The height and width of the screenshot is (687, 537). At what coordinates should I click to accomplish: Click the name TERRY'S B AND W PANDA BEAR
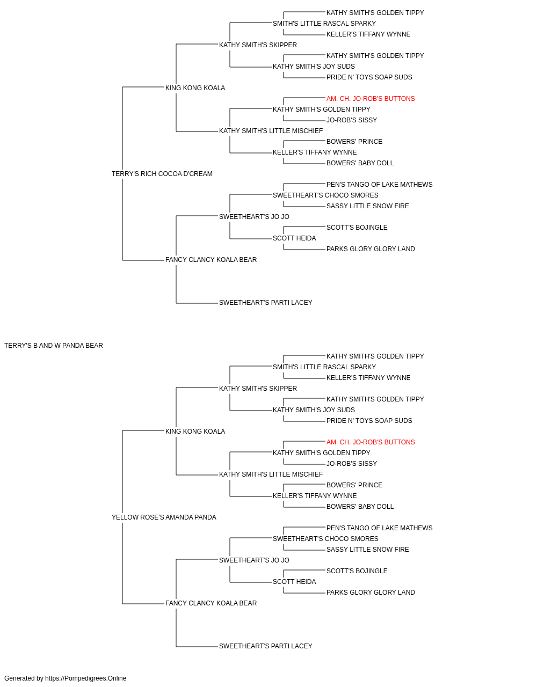(x=54, y=346)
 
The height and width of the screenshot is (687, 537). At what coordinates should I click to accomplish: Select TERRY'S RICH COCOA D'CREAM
(x=162, y=174)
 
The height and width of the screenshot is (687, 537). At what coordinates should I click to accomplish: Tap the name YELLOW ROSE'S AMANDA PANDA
(x=164, y=517)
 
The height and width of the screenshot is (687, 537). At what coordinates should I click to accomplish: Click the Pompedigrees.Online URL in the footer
(x=86, y=678)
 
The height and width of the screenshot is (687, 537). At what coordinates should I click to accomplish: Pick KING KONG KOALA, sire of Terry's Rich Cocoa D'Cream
(x=195, y=88)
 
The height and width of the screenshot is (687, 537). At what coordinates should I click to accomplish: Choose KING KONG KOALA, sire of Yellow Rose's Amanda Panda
(x=195, y=431)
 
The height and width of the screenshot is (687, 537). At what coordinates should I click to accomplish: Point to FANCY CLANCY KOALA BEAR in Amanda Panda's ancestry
(x=211, y=603)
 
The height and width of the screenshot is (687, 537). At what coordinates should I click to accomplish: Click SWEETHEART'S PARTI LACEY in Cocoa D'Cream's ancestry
(x=266, y=303)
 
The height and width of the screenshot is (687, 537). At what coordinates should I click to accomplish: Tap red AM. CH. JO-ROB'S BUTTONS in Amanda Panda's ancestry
(x=371, y=442)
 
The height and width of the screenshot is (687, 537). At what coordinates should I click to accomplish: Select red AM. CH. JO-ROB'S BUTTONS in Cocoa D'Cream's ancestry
(x=371, y=99)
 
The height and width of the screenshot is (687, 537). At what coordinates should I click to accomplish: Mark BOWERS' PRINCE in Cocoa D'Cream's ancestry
(x=354, y=142)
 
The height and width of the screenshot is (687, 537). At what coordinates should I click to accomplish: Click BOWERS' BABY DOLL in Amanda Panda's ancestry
(x=360, y=507)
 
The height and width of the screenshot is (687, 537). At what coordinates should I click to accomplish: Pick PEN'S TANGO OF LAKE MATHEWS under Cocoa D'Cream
(x=380, y=185)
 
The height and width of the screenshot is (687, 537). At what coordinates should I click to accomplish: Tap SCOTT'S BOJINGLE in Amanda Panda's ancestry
(x=357, y=571)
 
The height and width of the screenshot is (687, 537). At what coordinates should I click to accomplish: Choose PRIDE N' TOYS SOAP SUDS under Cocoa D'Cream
(x=369, y=77)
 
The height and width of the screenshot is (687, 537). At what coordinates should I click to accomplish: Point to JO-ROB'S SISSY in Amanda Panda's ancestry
(x=352, y=464)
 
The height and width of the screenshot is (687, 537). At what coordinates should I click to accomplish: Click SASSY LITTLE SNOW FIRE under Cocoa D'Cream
(x=367, y=206)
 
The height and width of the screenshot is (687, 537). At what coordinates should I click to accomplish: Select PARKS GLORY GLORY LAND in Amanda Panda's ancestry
(x=371, y=593)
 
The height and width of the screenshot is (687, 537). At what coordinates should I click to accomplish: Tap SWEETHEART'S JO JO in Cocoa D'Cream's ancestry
(x=254, y=217)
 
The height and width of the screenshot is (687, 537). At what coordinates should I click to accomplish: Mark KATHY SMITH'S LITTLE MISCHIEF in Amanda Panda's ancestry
(x=271, y=474)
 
